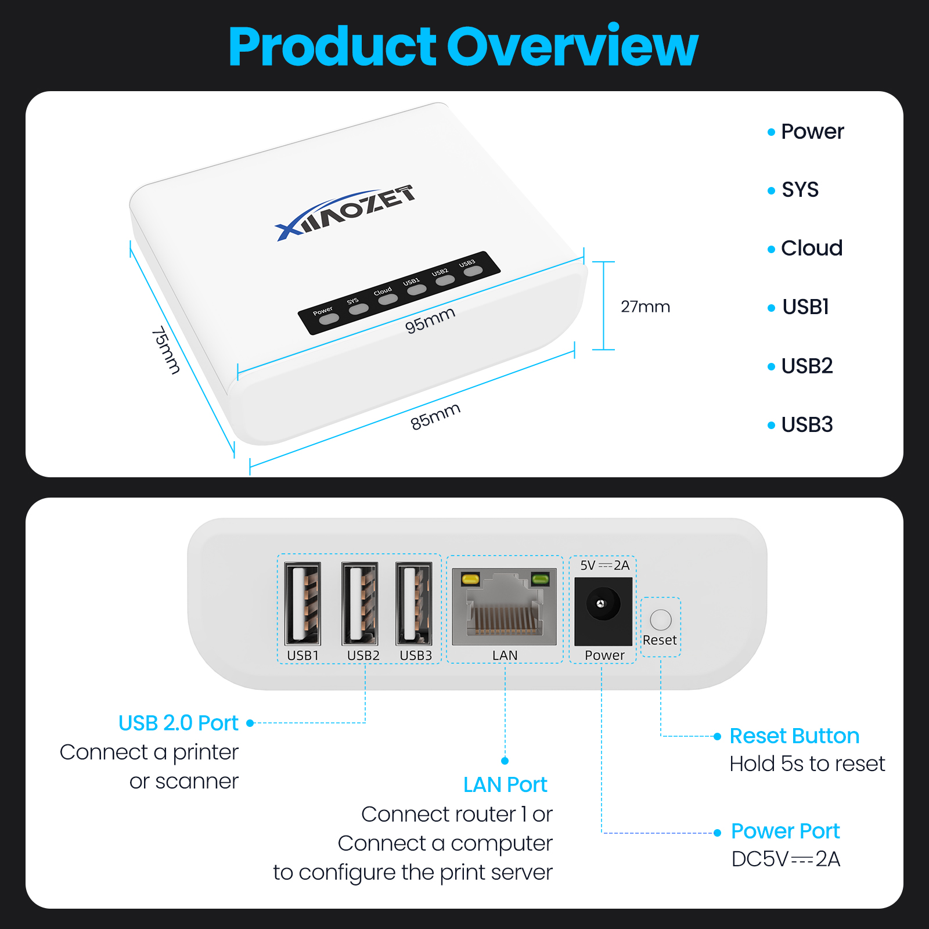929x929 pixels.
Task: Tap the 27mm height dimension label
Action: [x=645, y=307]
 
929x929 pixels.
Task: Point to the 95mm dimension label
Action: [x=430, y=320]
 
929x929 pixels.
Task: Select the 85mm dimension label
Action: [x=435, y=416]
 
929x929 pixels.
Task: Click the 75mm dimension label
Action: [x=166, y=350]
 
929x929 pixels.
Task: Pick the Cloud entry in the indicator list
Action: [x=811, y=249]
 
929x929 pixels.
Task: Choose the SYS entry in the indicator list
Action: [x=800, y=190]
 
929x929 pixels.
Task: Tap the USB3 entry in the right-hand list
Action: [x=806, y=425]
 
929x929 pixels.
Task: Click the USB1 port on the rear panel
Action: [x=303, y=604]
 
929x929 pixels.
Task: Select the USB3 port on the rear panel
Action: [x=414, y=604]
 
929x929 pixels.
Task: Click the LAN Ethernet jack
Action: [x=504, y=607]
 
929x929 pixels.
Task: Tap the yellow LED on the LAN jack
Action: [x=470, y=579]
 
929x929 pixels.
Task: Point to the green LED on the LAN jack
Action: [x=540, y=578]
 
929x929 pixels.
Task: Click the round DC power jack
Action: [x=602, y=604]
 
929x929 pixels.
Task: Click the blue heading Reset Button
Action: [x=794, y=736]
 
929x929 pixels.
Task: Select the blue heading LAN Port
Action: [x=505, y=785]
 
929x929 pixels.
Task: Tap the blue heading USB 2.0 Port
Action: [x=178, y=723]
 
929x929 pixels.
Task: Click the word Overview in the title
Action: [x=572, y=46]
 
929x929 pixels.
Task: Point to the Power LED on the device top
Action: [x=329, y=319]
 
